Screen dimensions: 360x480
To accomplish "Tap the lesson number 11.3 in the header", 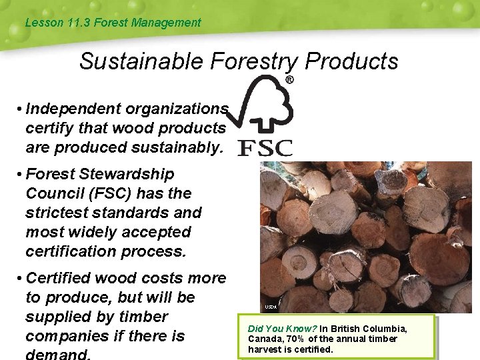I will [x=79, y=23].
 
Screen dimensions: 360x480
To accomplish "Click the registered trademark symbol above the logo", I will [x=289, y=79].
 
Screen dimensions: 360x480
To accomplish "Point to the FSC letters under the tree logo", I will [x=265, y=148].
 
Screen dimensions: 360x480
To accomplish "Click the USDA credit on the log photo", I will [x=270, y=307].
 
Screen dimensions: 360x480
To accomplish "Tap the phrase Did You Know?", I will [x=282, y=329].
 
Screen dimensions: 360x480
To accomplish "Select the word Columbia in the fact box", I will [x=383, y=329].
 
